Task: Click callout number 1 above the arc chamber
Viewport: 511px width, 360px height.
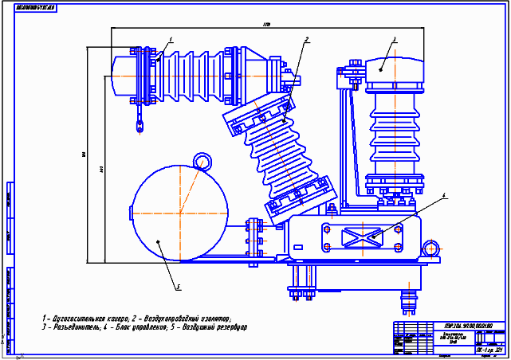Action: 171,39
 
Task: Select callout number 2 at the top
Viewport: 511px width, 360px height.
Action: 306,39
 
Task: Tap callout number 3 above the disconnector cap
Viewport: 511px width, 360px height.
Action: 394,39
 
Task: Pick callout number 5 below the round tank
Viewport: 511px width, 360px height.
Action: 179,287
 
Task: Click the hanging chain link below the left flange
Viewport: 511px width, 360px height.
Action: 139,123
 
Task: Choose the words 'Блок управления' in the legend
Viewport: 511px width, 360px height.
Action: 136,327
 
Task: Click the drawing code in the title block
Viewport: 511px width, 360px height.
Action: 467,326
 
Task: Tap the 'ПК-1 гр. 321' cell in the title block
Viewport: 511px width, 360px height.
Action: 487,349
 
